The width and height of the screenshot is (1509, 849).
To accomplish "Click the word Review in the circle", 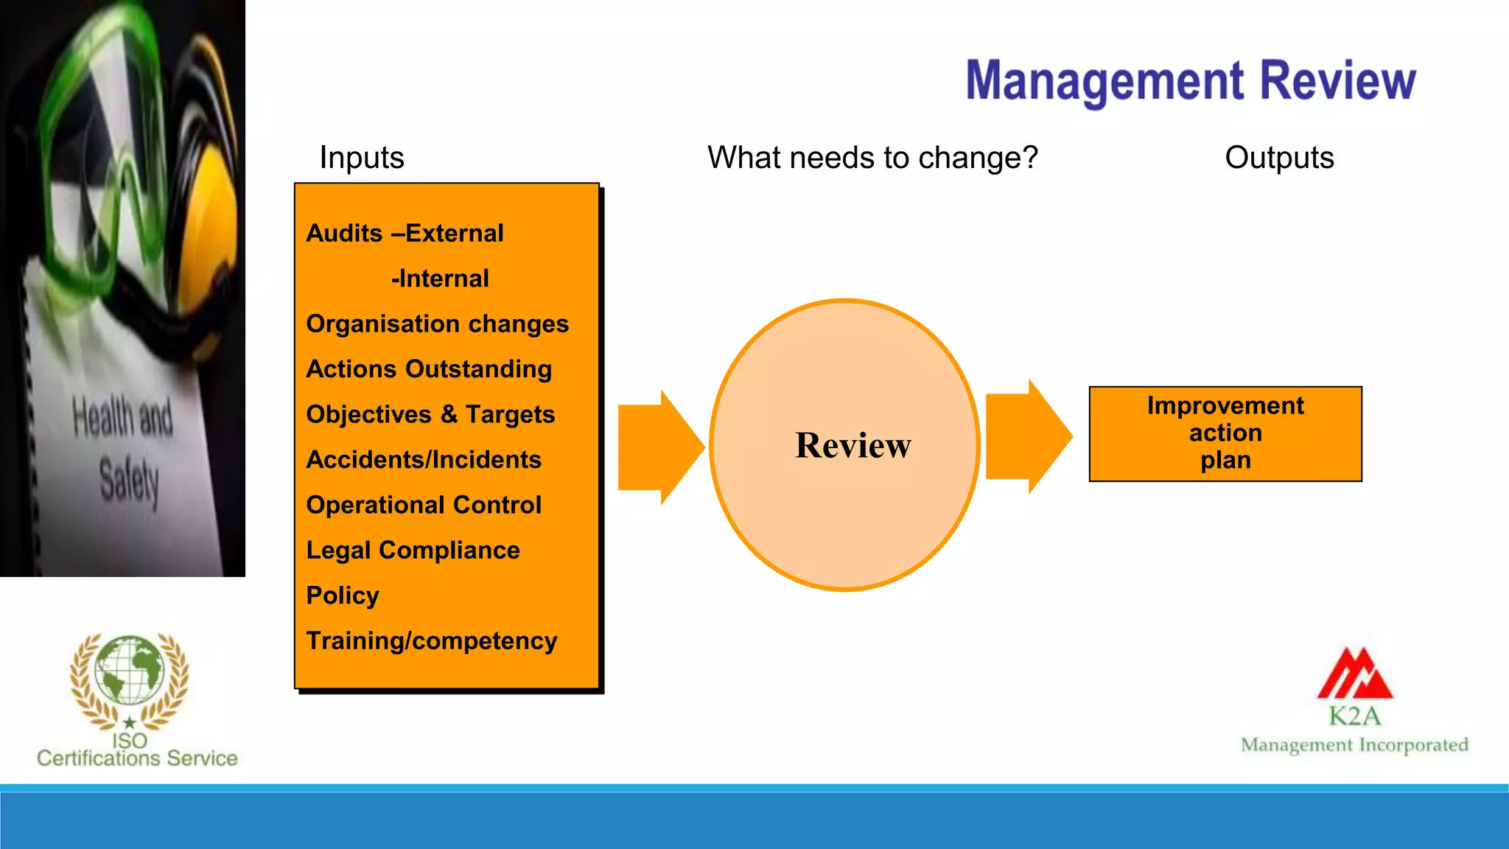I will click(852, 445).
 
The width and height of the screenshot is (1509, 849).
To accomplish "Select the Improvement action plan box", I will click(1225, 433).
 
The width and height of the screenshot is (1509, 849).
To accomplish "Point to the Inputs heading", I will click(361, 158).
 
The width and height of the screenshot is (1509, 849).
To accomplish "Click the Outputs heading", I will click(1279, 158).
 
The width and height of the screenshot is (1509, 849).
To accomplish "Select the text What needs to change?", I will click(872, 158).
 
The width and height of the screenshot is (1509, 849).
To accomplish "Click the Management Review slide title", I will click(1190, 80).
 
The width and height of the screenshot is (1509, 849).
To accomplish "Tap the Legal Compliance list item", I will click(413, 550).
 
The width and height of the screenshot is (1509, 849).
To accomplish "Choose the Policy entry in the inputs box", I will click(343, 595).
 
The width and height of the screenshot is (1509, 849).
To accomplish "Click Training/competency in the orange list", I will click(431, 640).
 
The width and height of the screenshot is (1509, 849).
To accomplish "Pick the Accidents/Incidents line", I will click(424, 459).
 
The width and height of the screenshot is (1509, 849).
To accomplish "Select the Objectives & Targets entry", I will click(430, 414).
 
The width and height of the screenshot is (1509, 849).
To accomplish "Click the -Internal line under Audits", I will click(440, 279).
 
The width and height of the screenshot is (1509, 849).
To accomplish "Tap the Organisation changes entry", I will click(437, 324).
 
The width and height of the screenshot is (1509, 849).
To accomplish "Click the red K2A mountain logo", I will click(1354, 674).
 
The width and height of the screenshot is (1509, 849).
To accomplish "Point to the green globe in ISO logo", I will click(130, 669).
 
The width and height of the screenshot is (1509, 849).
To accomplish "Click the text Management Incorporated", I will click(1354, 745).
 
